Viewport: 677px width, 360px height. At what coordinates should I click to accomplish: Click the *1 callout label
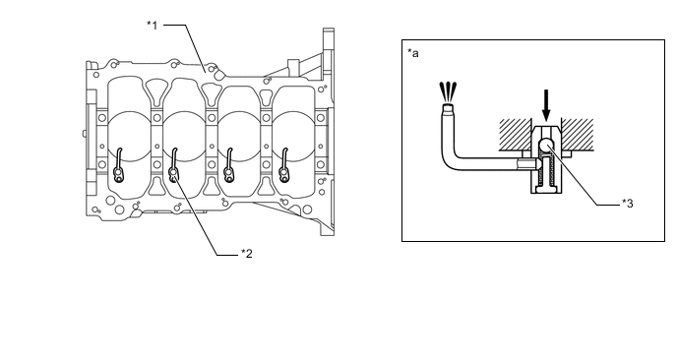coord(152,26)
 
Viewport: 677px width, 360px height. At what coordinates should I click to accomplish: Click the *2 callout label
coord(247,254)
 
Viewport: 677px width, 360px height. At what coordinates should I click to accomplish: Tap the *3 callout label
coord(628,204)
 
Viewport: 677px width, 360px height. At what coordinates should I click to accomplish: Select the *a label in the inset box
coord(412,53)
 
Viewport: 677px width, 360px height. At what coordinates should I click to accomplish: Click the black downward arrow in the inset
coord(546,105)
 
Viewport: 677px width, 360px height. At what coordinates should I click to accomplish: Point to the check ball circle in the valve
coord(546,146)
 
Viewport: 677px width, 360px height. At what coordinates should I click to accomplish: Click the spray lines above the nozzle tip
coord(448,91)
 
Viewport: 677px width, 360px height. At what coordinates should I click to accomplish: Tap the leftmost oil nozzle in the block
coord(118,165)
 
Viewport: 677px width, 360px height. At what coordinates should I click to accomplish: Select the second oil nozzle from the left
coord(173,165)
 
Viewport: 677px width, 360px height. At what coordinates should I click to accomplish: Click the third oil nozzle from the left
coord(229,165)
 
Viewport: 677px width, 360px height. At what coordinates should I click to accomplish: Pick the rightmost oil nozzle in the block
coord(283,165)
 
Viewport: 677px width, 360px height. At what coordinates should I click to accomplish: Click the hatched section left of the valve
coord(515,135)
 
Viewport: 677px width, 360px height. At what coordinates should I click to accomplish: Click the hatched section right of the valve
coord(577,135)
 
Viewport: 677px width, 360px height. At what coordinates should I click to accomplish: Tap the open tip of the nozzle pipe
coord(448,106)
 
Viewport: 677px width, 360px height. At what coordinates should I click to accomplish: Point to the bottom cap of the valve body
coord(546,189)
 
